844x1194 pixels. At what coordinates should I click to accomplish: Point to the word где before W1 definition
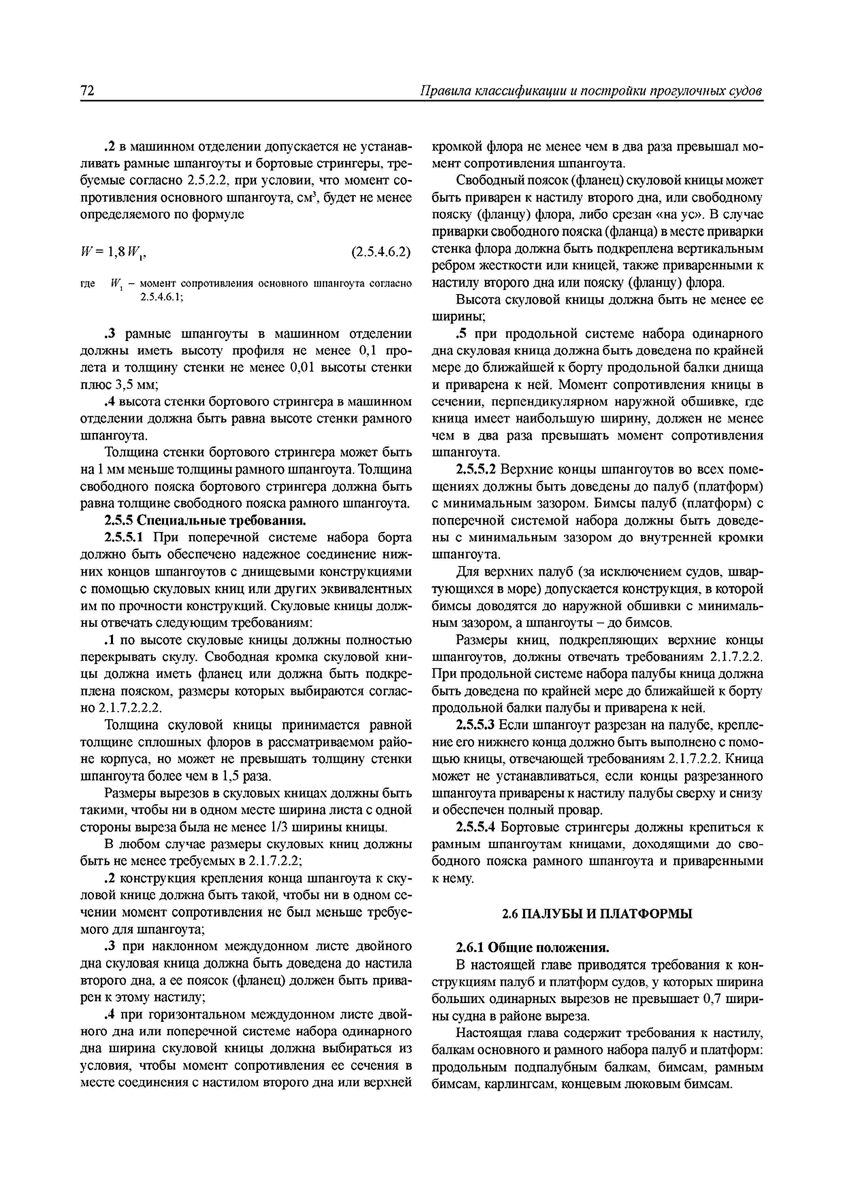tap(87, 284)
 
